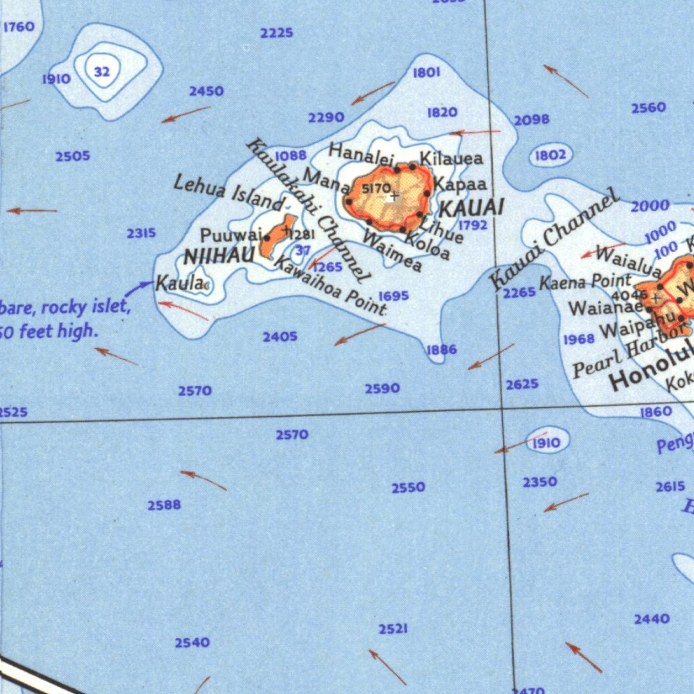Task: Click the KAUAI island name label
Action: [472, 207]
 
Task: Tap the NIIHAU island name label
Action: [219, 257]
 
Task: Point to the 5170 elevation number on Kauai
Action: [375, 188]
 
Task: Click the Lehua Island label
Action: [228, 193]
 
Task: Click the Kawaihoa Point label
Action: [329, 283]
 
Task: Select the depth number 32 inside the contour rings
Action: [102, 71]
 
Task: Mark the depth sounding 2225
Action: [277, 33]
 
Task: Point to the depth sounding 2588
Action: [164, 505]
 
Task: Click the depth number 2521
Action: [393, 630]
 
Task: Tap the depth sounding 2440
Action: [652, 619]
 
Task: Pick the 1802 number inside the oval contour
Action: [550, 155]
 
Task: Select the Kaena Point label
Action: [585, 281]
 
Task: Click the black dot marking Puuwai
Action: [267, 238]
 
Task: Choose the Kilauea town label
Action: [451, 159]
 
